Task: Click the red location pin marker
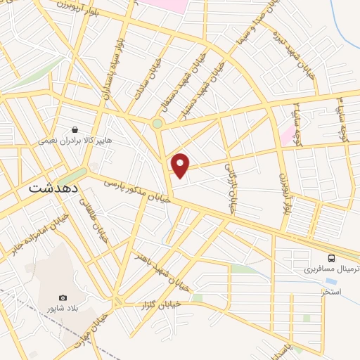point(181,165)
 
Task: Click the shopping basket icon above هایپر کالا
point(75,129)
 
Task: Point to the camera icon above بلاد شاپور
point(63,298)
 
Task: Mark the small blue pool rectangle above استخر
point(330,281)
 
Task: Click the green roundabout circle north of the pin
point(157,123)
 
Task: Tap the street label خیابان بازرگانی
point(230,188)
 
